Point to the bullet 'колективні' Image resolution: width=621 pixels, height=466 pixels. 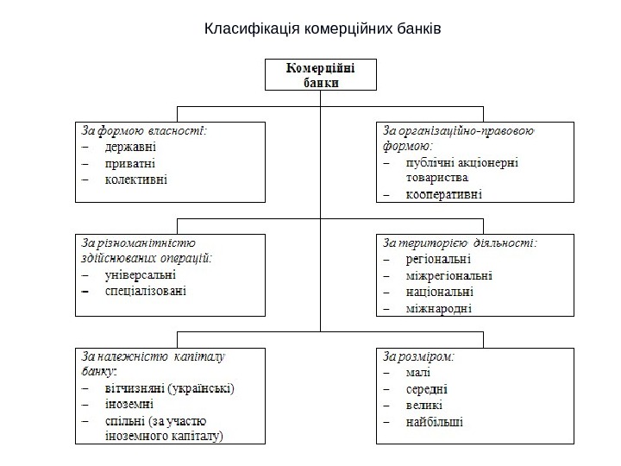click(136, 179)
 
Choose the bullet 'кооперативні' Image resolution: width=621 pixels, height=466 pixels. click(444, 194)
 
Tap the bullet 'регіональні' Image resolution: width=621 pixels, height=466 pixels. click(438, 259)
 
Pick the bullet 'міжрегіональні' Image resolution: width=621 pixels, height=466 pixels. click(448, 275)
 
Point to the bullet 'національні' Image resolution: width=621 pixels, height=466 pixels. click(439, 292)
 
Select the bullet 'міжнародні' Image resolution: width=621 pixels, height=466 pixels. click(438, 308)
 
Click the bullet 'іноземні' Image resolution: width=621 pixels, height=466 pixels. click(129, 404)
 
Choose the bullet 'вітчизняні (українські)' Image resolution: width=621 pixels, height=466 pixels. click(169, 387)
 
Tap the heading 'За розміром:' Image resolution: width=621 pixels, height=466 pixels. click(419, 355)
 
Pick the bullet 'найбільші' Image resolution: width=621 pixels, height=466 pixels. click(434, 422)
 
